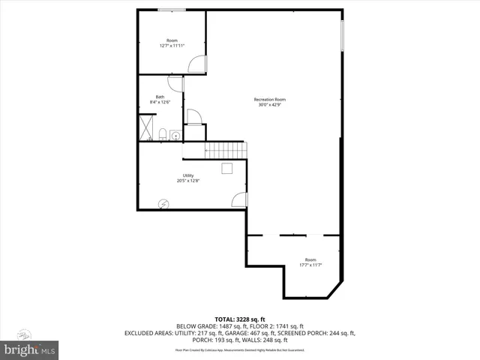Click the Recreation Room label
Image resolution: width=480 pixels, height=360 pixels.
[x=270, y=100]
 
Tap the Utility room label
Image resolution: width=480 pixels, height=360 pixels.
[x=188, y=175]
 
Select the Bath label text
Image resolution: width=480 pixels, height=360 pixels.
[x=160, y=96]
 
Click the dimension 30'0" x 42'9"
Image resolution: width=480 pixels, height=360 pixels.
[x=270, y=105]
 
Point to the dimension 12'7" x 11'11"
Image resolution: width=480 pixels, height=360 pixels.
[x=172, y=46]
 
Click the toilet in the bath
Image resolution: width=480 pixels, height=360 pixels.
[x=163, y=134]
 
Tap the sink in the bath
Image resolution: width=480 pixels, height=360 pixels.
[x=175, y=136]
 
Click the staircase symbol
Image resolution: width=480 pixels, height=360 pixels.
[x=225, y=149]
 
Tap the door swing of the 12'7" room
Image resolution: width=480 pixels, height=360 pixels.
[x=196, y=65]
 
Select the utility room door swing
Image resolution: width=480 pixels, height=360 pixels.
[x=239, y=199]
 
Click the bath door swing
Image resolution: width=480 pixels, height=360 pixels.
[x=175, y=83]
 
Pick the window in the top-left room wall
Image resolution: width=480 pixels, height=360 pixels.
[x=172, y=10]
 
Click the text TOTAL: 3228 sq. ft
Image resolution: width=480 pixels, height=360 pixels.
[x=240, y=319]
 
